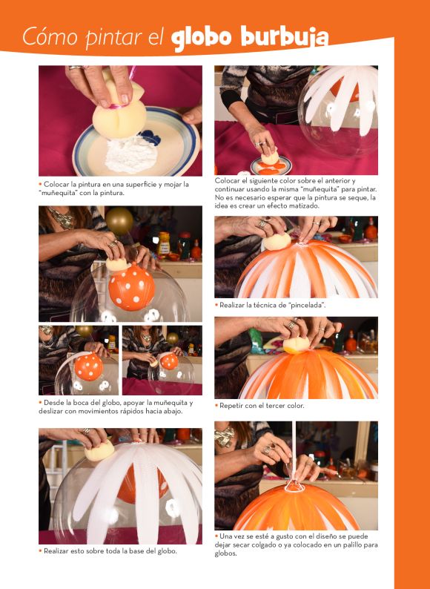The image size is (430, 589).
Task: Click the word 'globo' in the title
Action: [200, 39]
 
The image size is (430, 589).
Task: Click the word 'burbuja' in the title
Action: [284, 38]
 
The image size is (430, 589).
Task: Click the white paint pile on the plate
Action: [130, 154]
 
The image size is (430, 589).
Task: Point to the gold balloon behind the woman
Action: [119, 220]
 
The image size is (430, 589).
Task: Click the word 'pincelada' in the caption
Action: [305, 305]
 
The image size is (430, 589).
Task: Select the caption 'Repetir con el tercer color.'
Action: [262, 406]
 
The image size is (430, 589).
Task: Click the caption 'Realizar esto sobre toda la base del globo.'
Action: [110, 551]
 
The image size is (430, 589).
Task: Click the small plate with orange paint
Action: [271, 165]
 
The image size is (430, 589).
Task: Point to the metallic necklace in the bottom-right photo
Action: [225, 436]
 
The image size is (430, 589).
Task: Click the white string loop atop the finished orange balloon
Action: [294, 487]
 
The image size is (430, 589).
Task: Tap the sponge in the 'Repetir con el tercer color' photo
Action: [296, 345]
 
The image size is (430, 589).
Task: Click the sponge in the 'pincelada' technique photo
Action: [277, 242]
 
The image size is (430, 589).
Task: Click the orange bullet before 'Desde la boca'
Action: [40, 402]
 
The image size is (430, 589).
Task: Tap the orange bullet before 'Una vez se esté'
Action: [216, 536]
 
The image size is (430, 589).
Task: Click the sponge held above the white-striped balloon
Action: [99, 451]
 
